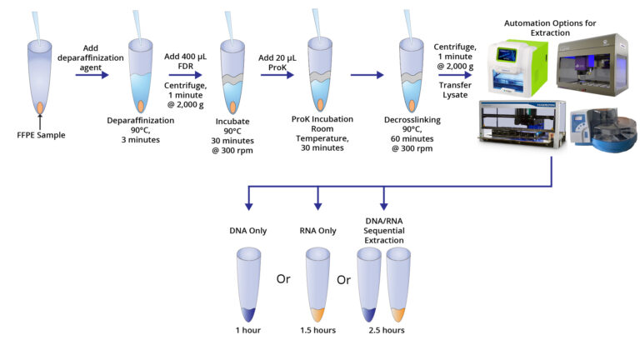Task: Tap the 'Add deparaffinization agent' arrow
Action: click(x=92, y=74)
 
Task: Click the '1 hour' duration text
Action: click(x=247, y=330)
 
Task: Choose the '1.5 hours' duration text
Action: click(x=317, y=330)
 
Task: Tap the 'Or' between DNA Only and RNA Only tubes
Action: click(x=282, y=278)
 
